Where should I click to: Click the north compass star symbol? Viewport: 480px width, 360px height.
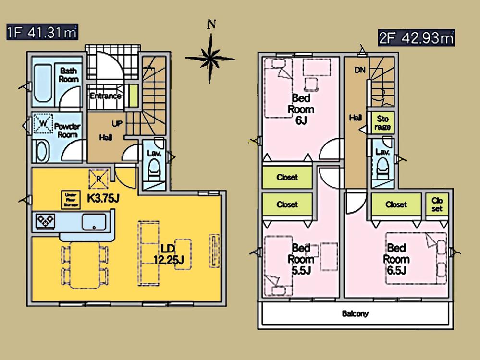[x=209, y=58]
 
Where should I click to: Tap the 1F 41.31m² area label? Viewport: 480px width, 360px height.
[x=42, y=33]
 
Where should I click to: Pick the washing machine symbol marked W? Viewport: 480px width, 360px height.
[x=43, y=124]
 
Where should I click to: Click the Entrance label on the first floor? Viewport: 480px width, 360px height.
[x=105, y=96]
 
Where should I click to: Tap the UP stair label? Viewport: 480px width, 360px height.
[x=116, y=123]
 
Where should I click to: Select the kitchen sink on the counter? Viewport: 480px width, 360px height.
[x=94, y=222]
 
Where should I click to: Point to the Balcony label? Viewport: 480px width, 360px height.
[x=355, y=314]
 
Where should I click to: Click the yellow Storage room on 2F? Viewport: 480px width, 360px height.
[x=382, y=123]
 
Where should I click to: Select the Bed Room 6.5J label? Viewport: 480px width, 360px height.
[x=396, y=259]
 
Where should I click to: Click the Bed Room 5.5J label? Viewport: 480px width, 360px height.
[x=301, y=259]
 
